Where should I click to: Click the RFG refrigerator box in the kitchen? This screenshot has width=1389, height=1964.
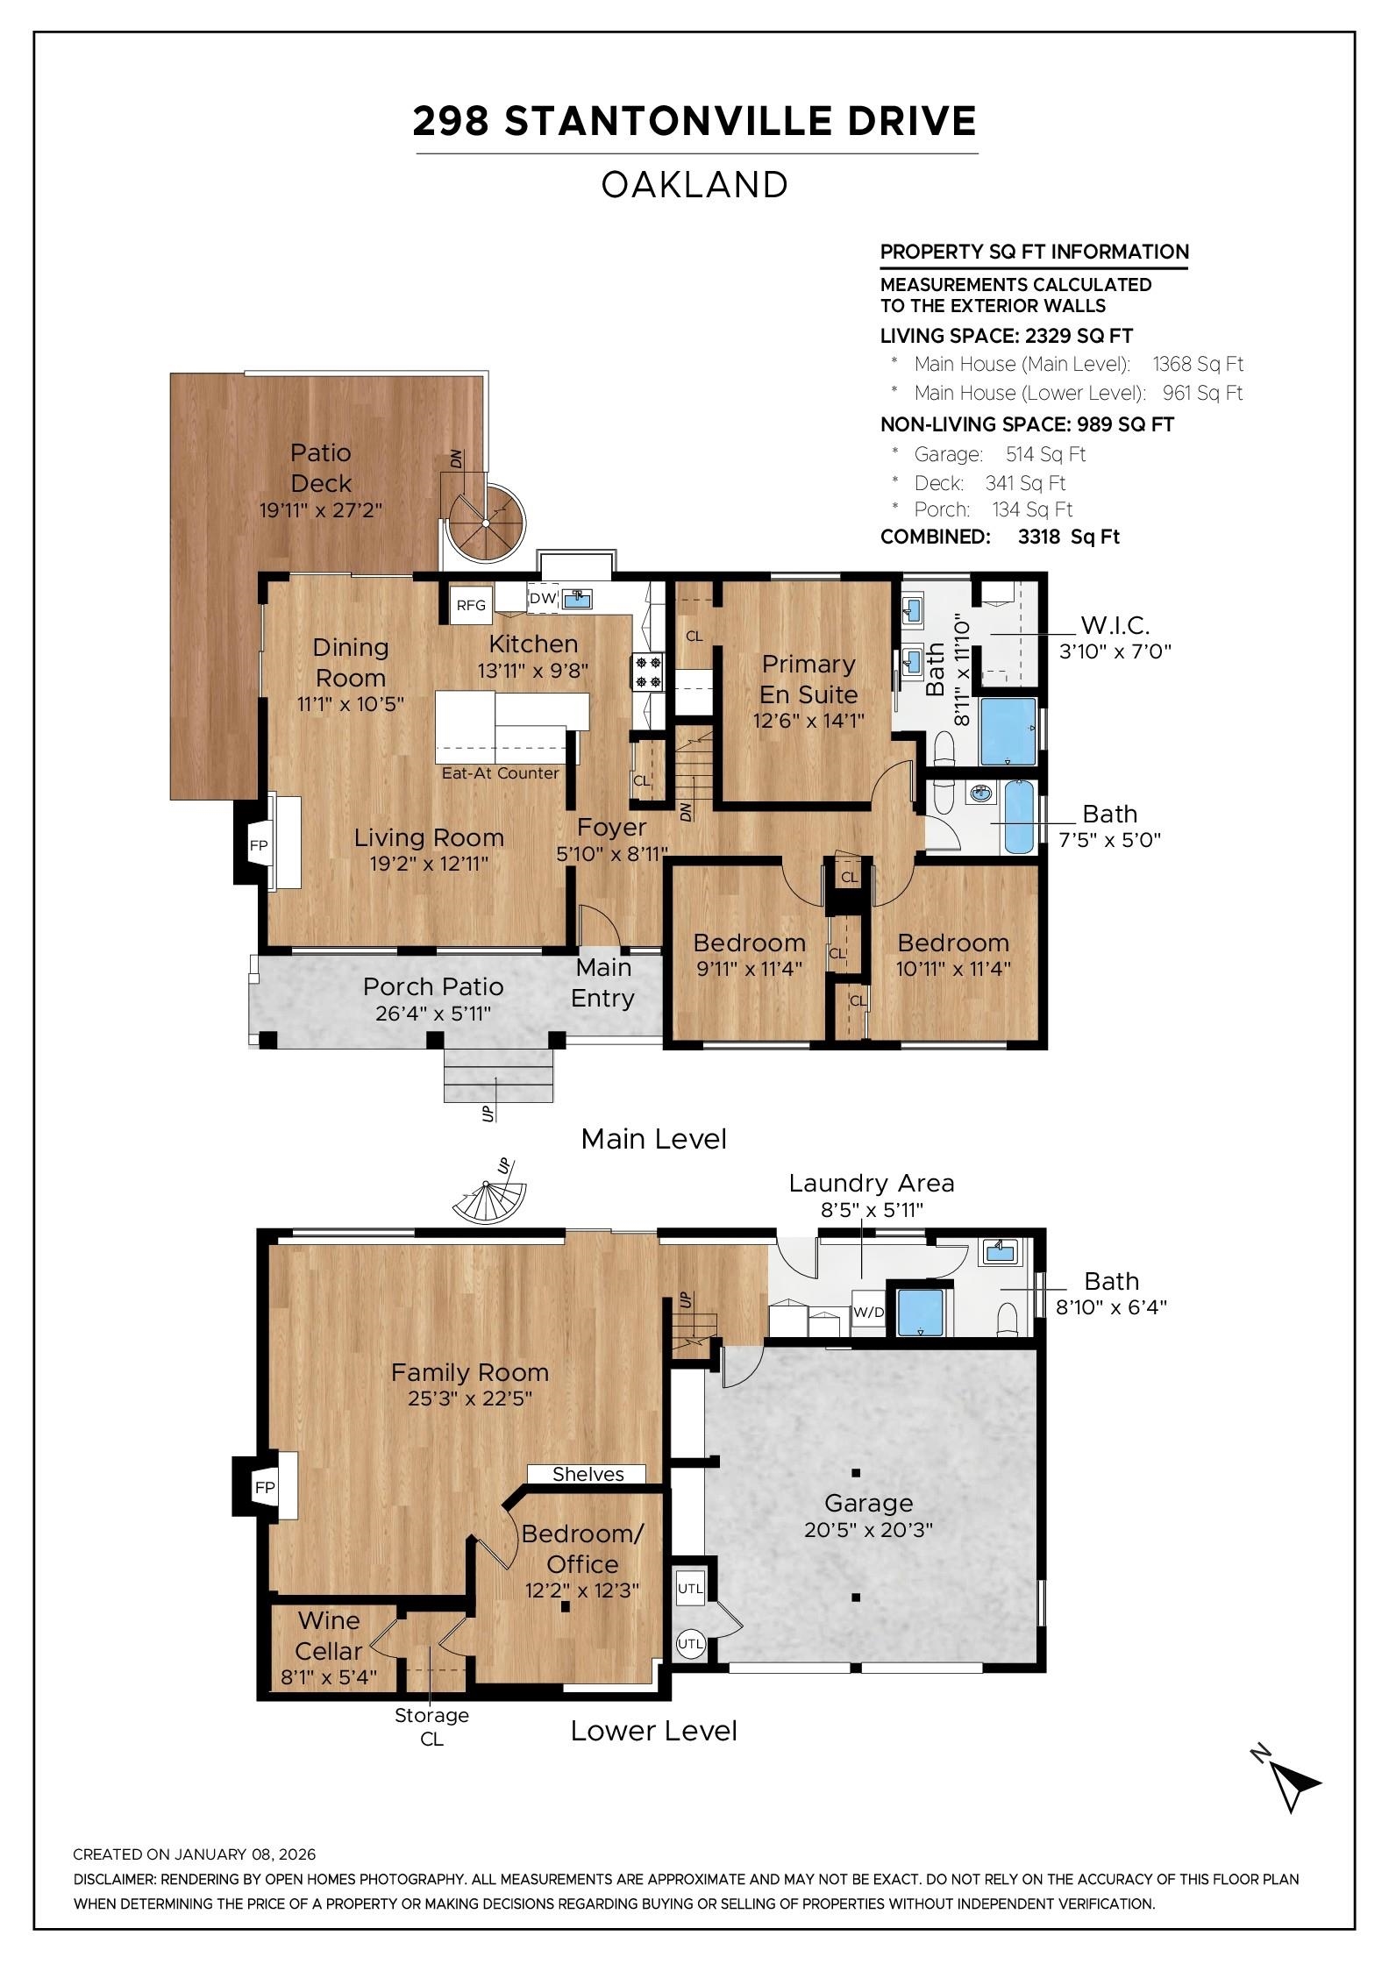coord(471,605)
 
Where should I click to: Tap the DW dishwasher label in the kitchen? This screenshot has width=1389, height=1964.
coord(542,598)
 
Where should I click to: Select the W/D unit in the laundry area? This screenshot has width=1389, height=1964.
coord(868,1313)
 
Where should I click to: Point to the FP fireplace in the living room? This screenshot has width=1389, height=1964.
coord(259,845)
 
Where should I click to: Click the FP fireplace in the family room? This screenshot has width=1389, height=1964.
coord(264,1487)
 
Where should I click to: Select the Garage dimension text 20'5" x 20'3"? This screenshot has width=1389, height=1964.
coord(868,1530)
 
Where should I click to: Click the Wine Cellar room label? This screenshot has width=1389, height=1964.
coord(329,1635)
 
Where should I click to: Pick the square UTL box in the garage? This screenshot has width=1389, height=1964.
coord(690,1588)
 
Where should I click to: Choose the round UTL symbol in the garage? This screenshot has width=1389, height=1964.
coord(690,1644)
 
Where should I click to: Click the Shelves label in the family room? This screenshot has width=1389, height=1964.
coord(588,1475)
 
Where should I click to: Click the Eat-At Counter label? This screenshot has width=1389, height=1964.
coord(500,772)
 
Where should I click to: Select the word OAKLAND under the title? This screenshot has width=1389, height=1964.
coord(694,185)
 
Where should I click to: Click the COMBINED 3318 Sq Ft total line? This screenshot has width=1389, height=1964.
coord(1000,537)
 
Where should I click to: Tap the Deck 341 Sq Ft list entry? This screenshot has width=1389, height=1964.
coord(989,483)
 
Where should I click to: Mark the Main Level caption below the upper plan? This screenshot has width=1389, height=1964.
coord(653,1139)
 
